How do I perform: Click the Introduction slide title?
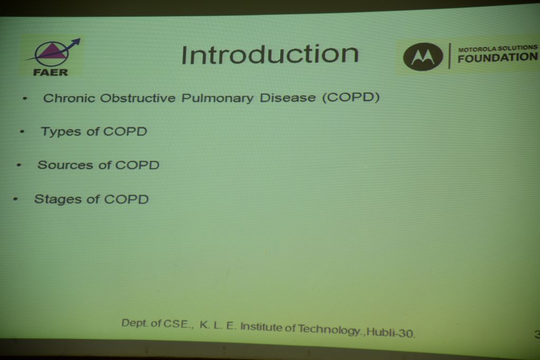tap(269, 54)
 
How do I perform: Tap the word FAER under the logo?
tap(50, 72)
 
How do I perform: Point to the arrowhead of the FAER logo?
tap(76, 42)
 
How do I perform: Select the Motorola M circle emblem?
tap(423, 57)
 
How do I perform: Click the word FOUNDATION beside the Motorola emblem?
tap(497, 58)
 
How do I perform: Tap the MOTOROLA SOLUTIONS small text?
tap(497, 48)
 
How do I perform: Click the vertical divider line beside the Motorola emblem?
tap(449, 56)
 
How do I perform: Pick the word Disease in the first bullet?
tap(287, 98)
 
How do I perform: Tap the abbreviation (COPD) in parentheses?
tap(351, 97)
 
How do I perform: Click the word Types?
tap(61, 132)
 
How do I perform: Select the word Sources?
tap(65, 165)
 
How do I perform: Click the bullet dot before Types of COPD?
tap(22, 131)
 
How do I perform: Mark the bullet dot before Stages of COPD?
tap(15, 199)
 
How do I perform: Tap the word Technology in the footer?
tap(329, 330)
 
